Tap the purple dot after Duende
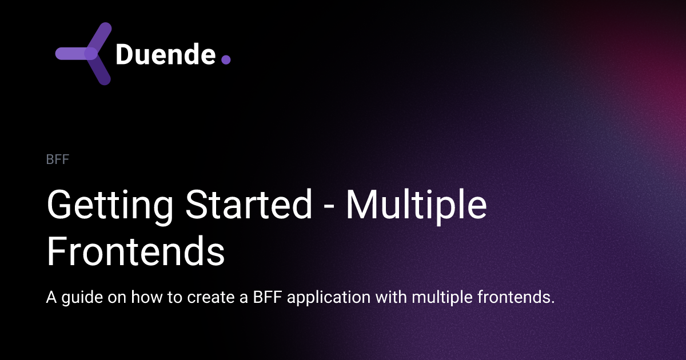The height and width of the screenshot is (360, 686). point(225,59)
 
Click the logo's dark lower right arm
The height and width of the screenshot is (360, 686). point(99,71)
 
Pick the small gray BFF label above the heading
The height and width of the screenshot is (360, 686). point(57,159)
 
